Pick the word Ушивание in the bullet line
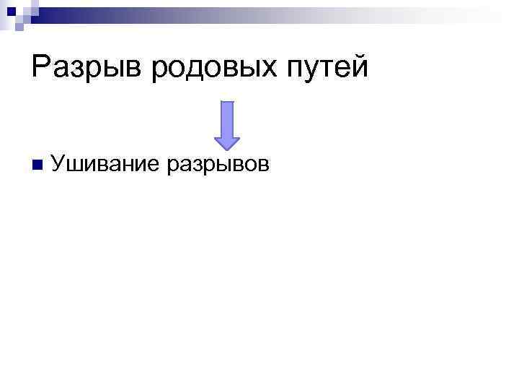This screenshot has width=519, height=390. (x=105, y=164)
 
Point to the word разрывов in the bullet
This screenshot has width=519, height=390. (x=218, y=165)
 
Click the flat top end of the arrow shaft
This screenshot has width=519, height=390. (x=227, y=103)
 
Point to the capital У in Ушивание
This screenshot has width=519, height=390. (x=60, y=164)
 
